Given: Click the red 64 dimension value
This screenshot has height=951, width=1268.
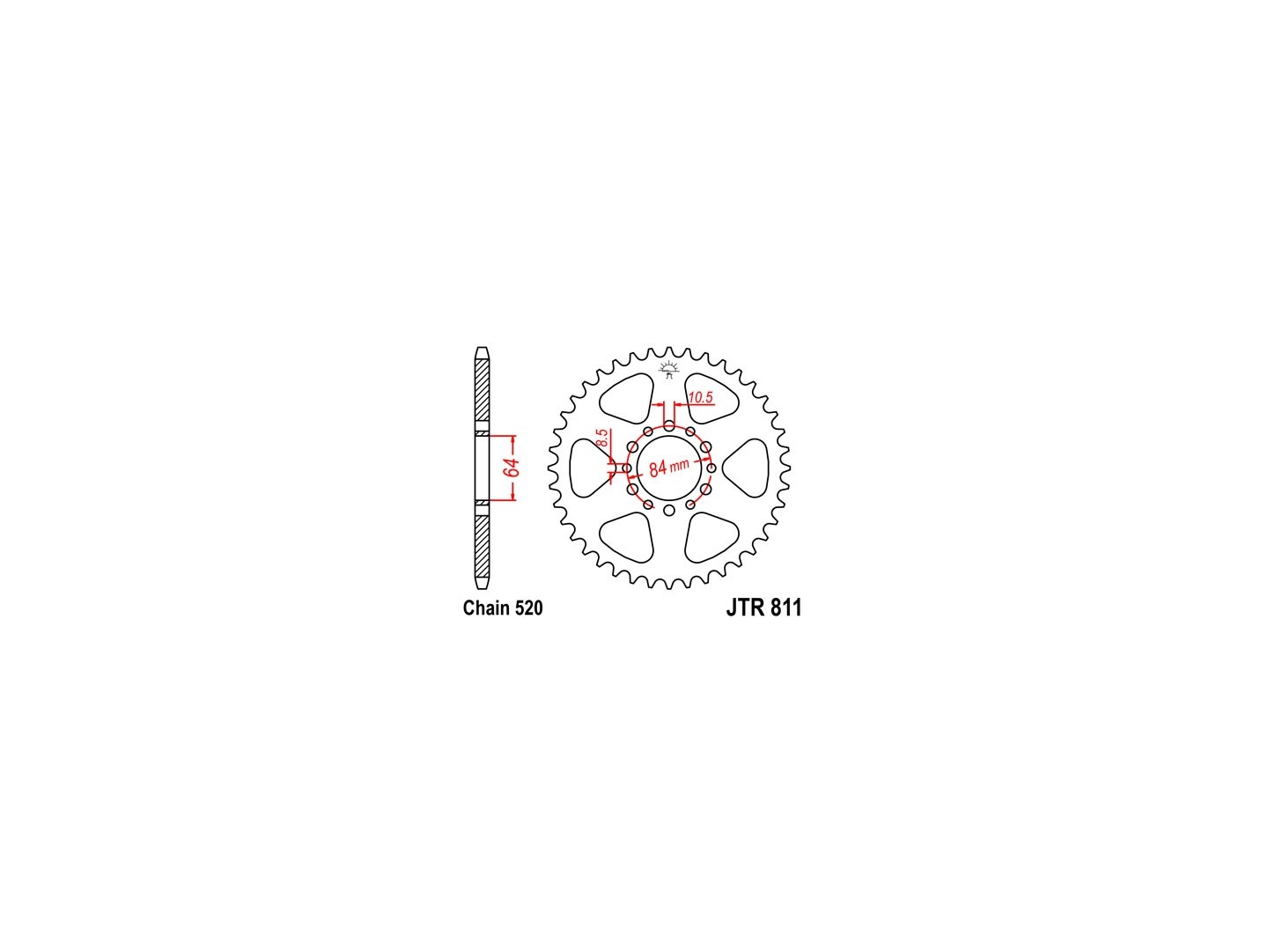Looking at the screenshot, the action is tap(512, 468).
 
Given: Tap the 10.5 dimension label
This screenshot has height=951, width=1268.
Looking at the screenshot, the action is tap(701, 397).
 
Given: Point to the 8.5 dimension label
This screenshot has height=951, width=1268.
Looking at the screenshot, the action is tap(602, 437).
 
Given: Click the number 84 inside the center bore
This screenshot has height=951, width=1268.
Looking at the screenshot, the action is tap(658, 469).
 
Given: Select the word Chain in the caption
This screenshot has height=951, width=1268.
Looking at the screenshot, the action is tap(485, 608).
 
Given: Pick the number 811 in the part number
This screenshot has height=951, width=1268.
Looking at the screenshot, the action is tap(786, 608).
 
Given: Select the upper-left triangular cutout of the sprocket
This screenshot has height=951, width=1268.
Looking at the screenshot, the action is tap(625, 397).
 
